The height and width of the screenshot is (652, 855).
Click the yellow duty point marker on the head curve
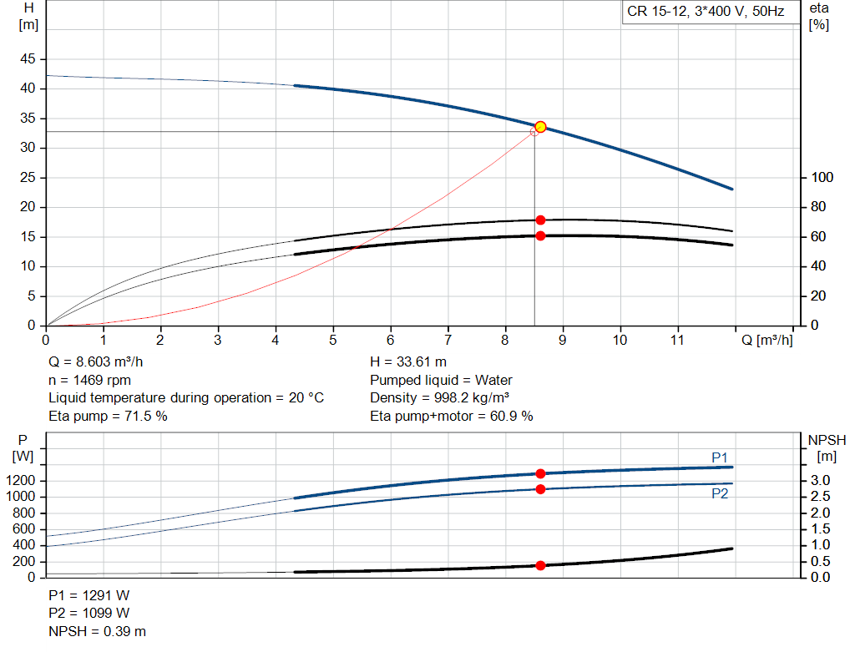point(540,127)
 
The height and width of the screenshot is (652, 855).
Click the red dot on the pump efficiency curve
point(540,220)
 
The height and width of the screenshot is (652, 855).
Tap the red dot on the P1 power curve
point(540,473)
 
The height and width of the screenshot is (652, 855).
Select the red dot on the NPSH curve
point(540,565)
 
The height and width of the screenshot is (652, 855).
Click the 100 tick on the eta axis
point(822,178)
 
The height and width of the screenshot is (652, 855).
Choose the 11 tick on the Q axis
point(677,341)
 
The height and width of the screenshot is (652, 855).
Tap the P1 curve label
point(720,457)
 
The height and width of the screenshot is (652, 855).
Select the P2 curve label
point(720,493)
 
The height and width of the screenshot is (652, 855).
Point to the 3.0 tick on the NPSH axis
point(823,481)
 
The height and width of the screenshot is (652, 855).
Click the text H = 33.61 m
point(407,362)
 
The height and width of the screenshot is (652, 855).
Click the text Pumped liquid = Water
point(441,380)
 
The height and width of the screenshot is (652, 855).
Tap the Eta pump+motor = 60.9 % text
point(451,416)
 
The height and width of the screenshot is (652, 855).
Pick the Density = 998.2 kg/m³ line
point(439,397)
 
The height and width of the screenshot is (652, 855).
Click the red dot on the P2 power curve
point(540,489)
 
